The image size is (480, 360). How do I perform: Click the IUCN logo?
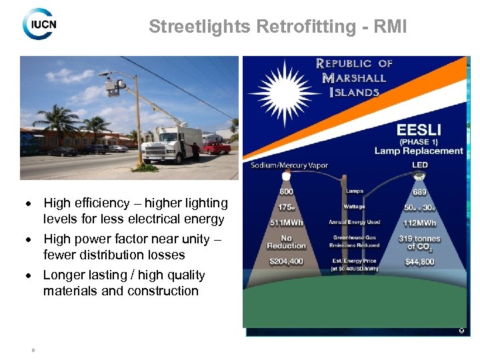pos(39,24)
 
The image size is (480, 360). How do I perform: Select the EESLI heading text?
pos(419,129)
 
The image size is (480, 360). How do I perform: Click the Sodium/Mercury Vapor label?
pos(289,165)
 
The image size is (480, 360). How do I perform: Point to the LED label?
pos(419,165)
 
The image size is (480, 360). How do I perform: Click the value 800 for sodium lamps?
pos(286,192)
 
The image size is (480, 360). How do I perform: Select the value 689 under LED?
pos(419,192)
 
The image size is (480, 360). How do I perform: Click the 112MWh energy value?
pos(419,223)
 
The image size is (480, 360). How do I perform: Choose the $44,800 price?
pos(419,262)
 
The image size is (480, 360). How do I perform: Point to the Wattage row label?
pos(354,207)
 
